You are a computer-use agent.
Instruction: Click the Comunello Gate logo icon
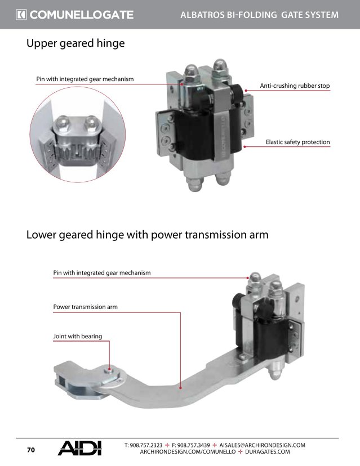click(21, 15)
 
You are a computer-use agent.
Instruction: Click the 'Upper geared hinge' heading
click(75, 43)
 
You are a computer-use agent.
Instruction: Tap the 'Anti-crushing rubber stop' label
click(295, 86)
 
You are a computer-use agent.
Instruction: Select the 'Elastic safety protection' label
click(298, 142)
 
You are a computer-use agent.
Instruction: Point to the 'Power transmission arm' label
click(86, 307)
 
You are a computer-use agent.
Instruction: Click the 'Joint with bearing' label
click(78, 336)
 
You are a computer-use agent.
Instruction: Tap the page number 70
click(31, 450)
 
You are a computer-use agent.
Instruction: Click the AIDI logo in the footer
click(80, 448)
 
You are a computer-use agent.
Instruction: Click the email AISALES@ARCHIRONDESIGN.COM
click(262, 445)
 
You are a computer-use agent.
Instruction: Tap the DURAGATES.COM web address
click(268, 452)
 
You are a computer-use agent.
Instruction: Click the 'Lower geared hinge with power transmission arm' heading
click(147, 235)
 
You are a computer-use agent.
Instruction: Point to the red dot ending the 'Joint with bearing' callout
click(110, 369)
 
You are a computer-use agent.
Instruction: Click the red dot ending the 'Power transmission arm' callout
click(181, 387)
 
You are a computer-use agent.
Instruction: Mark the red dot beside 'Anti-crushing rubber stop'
click(246, 91)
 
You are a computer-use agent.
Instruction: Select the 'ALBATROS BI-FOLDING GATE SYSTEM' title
click(260, 15)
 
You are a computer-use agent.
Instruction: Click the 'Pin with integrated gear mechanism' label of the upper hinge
click(85, 79)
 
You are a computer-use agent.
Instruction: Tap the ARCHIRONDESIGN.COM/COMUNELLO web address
click(188, 452)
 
